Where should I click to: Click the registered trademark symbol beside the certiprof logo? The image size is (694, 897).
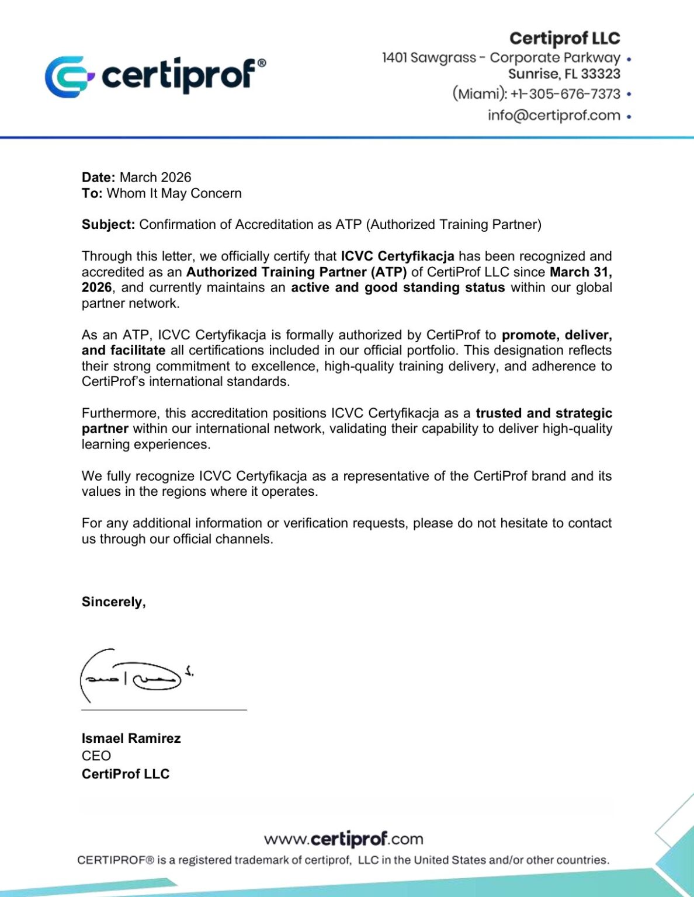(x=261, y=63)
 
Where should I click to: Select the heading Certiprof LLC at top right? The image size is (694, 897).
(x=564, y=39)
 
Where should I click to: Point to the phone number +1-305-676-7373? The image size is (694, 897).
(x=565, y=94)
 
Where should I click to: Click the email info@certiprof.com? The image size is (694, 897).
(x=554, y=116)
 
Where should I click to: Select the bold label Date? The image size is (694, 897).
(x=99, y=178)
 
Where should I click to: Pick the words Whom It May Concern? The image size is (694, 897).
(x=174, y=193)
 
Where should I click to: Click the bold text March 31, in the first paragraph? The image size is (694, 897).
(x=581, y=272)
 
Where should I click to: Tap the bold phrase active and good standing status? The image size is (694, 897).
(x=398, y=287)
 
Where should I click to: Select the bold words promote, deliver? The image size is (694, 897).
(x=557, y=335)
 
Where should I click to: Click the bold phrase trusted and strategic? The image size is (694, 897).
(x=544, y=413)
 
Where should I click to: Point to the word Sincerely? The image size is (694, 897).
(x=114, y=602)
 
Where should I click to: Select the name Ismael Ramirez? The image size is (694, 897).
(x=131, y=739)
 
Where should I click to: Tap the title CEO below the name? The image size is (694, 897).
(x=96, y=756)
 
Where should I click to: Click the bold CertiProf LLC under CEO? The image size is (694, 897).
(x=126, y=774)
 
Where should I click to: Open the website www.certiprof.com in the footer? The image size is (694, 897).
(x=343, y=840)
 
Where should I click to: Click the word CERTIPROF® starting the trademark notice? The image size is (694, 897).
(x=116, y=860)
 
